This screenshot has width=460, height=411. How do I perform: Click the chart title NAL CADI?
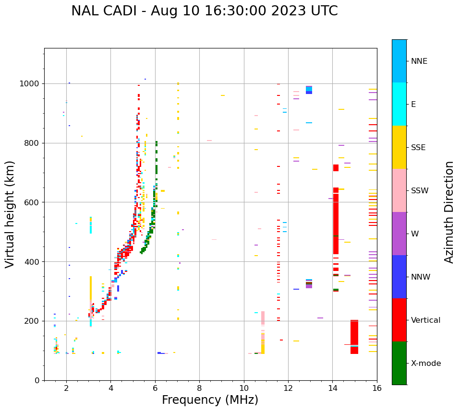pyautogui.click(x=204, y=11)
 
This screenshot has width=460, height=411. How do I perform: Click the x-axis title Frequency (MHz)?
pyautogui.click(x=210, y=400)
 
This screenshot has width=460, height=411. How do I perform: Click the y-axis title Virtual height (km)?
pyautogui.click(x=10, y=214)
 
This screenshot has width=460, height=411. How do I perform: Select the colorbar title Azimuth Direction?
pyautogui.click(x=449, y=212)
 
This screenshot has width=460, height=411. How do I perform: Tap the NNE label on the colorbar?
pyautogui.click(x=419, y=61)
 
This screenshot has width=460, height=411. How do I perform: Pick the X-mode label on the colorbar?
pyautogui.click(x=426, y=364)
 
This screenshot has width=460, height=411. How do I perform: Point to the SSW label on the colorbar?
pyautogui.click(x=419, y=191)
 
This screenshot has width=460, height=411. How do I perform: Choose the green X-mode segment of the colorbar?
pyautogui.click(x=399, y=363)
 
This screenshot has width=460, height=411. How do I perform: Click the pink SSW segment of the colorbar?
pyautogui.click(x=399, y=190)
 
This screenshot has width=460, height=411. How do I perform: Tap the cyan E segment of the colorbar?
pyautogui.click(x=399, y=104)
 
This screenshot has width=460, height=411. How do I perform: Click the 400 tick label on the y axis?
pyautogui.click(x=33, y=261)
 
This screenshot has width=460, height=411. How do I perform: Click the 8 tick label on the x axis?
pyautogui.click(x=199, y=388)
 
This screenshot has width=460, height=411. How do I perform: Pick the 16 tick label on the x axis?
pyautogui.click(x=377, y=388)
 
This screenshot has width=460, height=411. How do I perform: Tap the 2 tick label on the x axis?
pyautogui.click(x=66, y=388)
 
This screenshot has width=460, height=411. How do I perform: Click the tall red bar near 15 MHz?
pyautogui.click(x=354, y=337)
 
